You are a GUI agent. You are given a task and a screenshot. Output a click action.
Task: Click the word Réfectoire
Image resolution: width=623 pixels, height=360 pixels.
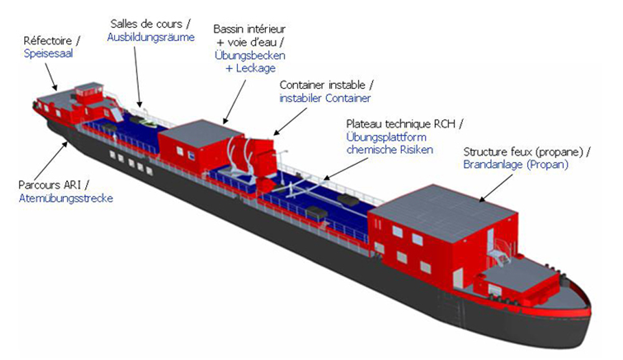point(48,40)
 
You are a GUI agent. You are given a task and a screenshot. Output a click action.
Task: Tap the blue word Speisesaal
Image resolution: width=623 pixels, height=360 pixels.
point(49,54)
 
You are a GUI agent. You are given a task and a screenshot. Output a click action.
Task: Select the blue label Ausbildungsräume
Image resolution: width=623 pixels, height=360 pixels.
point(151,37)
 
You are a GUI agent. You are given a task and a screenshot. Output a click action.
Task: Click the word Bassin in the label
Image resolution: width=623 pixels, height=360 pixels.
point(229,29)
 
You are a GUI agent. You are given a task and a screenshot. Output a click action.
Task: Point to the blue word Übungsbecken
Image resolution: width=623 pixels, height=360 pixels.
point(250,55)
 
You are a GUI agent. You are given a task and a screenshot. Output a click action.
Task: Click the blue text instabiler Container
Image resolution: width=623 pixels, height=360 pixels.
point(325,98)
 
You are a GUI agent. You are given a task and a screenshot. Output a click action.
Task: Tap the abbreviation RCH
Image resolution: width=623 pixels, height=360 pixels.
point(444,124)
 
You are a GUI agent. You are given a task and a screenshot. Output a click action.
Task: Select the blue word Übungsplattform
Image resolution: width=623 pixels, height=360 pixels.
point(387,138)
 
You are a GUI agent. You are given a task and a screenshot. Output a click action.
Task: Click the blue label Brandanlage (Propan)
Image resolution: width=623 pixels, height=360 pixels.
point(516,164)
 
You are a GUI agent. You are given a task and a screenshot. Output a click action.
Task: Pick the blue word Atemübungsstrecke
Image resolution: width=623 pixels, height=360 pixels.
point(66,198)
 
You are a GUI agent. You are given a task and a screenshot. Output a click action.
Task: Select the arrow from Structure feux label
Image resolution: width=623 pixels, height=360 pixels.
point(496,188)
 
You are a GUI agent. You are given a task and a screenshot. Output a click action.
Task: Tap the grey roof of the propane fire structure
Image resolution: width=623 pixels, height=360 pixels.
point(442,213)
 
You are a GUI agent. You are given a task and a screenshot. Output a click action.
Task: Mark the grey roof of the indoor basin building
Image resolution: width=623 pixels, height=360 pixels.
point(200,133)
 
